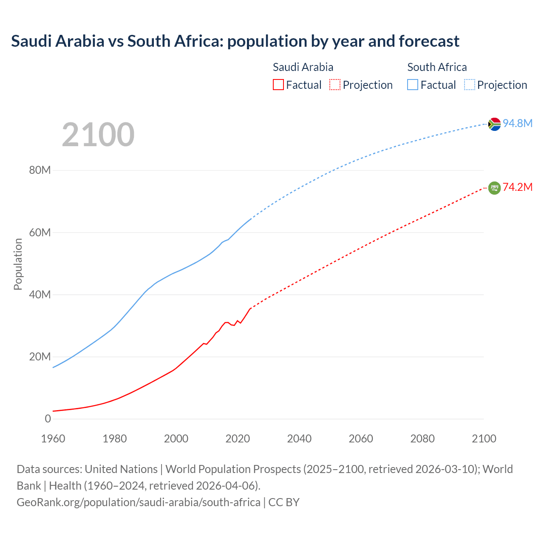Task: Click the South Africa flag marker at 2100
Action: coord(494,124)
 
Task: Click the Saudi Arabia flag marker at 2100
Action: coord(494,188)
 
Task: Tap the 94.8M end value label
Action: coord(518,123)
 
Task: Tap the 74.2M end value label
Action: coord(518,187)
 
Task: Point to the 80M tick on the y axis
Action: coord(40,170)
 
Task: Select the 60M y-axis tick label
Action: coord(40,232)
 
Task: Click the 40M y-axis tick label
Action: coord(40,295)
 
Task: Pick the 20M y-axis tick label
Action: coord(40,357)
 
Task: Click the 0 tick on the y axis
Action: coord(48,419)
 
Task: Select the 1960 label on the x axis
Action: coord(53,439)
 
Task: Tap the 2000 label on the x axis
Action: coord(176,439)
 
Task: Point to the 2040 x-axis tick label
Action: coord(299,439)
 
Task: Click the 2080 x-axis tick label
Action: coord(422,439)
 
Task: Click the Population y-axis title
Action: coord(18,264)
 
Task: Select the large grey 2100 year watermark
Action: coord(98,135)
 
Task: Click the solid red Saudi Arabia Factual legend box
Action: coord(278,85)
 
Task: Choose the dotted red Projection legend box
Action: coord(335,85)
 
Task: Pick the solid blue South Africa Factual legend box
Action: coord(413,85)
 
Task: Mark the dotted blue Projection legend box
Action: coord(469,85)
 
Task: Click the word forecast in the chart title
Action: coord(429,41)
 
